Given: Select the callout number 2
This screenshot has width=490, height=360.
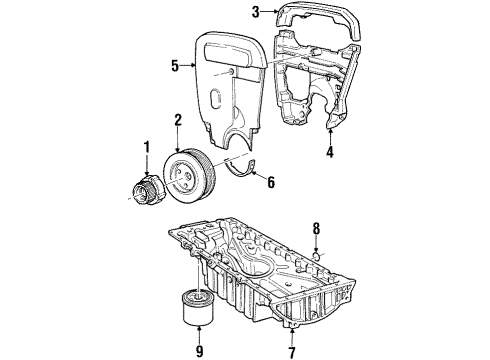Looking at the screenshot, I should pos(177,120).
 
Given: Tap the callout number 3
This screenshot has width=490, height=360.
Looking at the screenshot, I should pos(256,13).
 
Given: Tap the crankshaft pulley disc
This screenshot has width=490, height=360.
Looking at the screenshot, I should pos(187,176).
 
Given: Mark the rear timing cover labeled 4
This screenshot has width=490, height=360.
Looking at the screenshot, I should pos(318,90).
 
